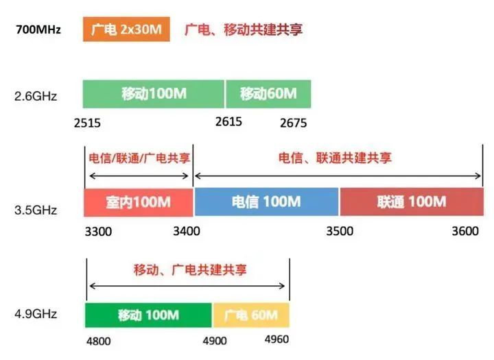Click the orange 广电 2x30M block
click(x=126, y=29)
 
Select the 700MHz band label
click(x=38, y=29)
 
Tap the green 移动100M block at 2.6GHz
click(x=154, y=94)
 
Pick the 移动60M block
click(x=268, y=94)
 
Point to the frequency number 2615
click(x=228, y=121)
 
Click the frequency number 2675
click(x=294, y=123)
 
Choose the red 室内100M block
click(x=139, y=202)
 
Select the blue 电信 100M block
click(x=266, y=202)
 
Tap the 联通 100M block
click(x=412, y=202)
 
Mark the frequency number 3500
click(x=340, y=231)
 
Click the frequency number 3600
click(x=465, y=231)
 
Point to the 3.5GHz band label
click(x=36, y=210)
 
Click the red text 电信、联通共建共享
click(x=335, y=158)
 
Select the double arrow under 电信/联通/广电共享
click(x=139, y=176)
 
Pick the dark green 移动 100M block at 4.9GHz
click(x=148, y=315)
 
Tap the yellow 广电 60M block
click(x=251, y=315)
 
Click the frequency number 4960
click(x=277, y=339)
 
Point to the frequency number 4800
click(x=99, y=341)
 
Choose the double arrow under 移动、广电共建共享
click(x=187, y=286)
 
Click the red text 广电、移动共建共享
click(x=244, y=29)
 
